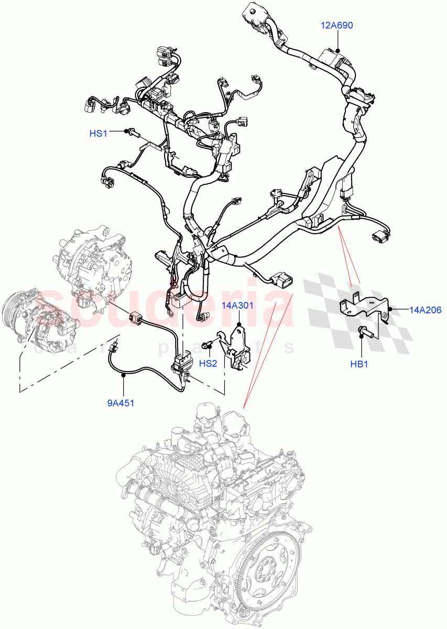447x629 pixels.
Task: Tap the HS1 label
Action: point(98,134)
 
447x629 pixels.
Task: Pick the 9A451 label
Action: point(124,404)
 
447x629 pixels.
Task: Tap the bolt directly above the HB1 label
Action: point(363,331)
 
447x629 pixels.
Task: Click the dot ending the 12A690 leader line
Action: point(338,51)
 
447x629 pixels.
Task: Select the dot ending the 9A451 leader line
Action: point(124,375)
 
